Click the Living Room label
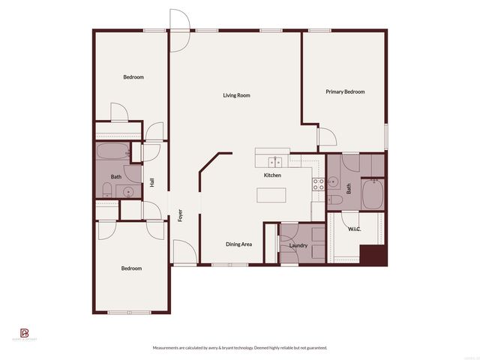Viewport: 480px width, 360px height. (x=236, y=95)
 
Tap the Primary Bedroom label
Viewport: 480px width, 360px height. (x=345, y=91)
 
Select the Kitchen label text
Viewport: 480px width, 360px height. (x=272, y=175)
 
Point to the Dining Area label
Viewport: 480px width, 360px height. (x=238, y=244)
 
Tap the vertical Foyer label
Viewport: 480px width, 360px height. (x=181, y=216)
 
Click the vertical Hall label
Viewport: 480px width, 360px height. (x=152, y=182)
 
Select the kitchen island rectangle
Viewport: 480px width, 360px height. (x=272, y=195)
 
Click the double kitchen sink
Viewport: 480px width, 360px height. (x=274, y=161)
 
